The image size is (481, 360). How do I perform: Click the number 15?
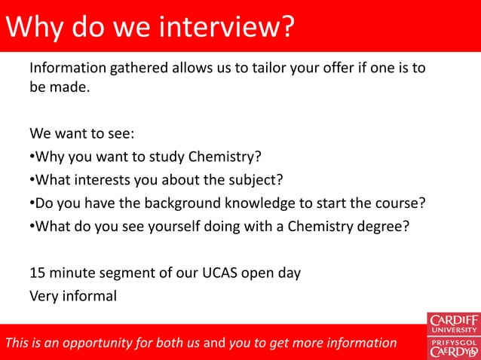(38, 273)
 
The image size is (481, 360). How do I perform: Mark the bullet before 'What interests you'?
(32, 181)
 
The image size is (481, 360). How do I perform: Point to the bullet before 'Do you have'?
(32, 203)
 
